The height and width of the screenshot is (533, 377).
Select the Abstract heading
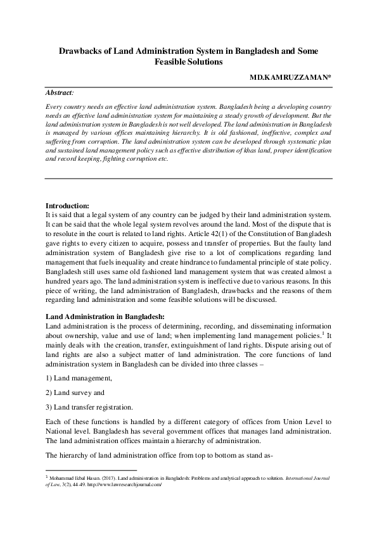tap(61, 92)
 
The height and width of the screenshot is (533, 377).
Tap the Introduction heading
tap(68, 206)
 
